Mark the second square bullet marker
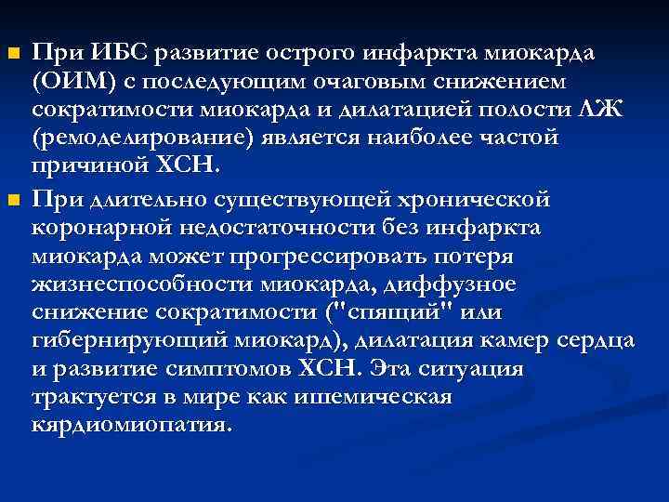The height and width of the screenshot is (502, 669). point(12,200)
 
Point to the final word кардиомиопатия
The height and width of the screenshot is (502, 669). point(131,426)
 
